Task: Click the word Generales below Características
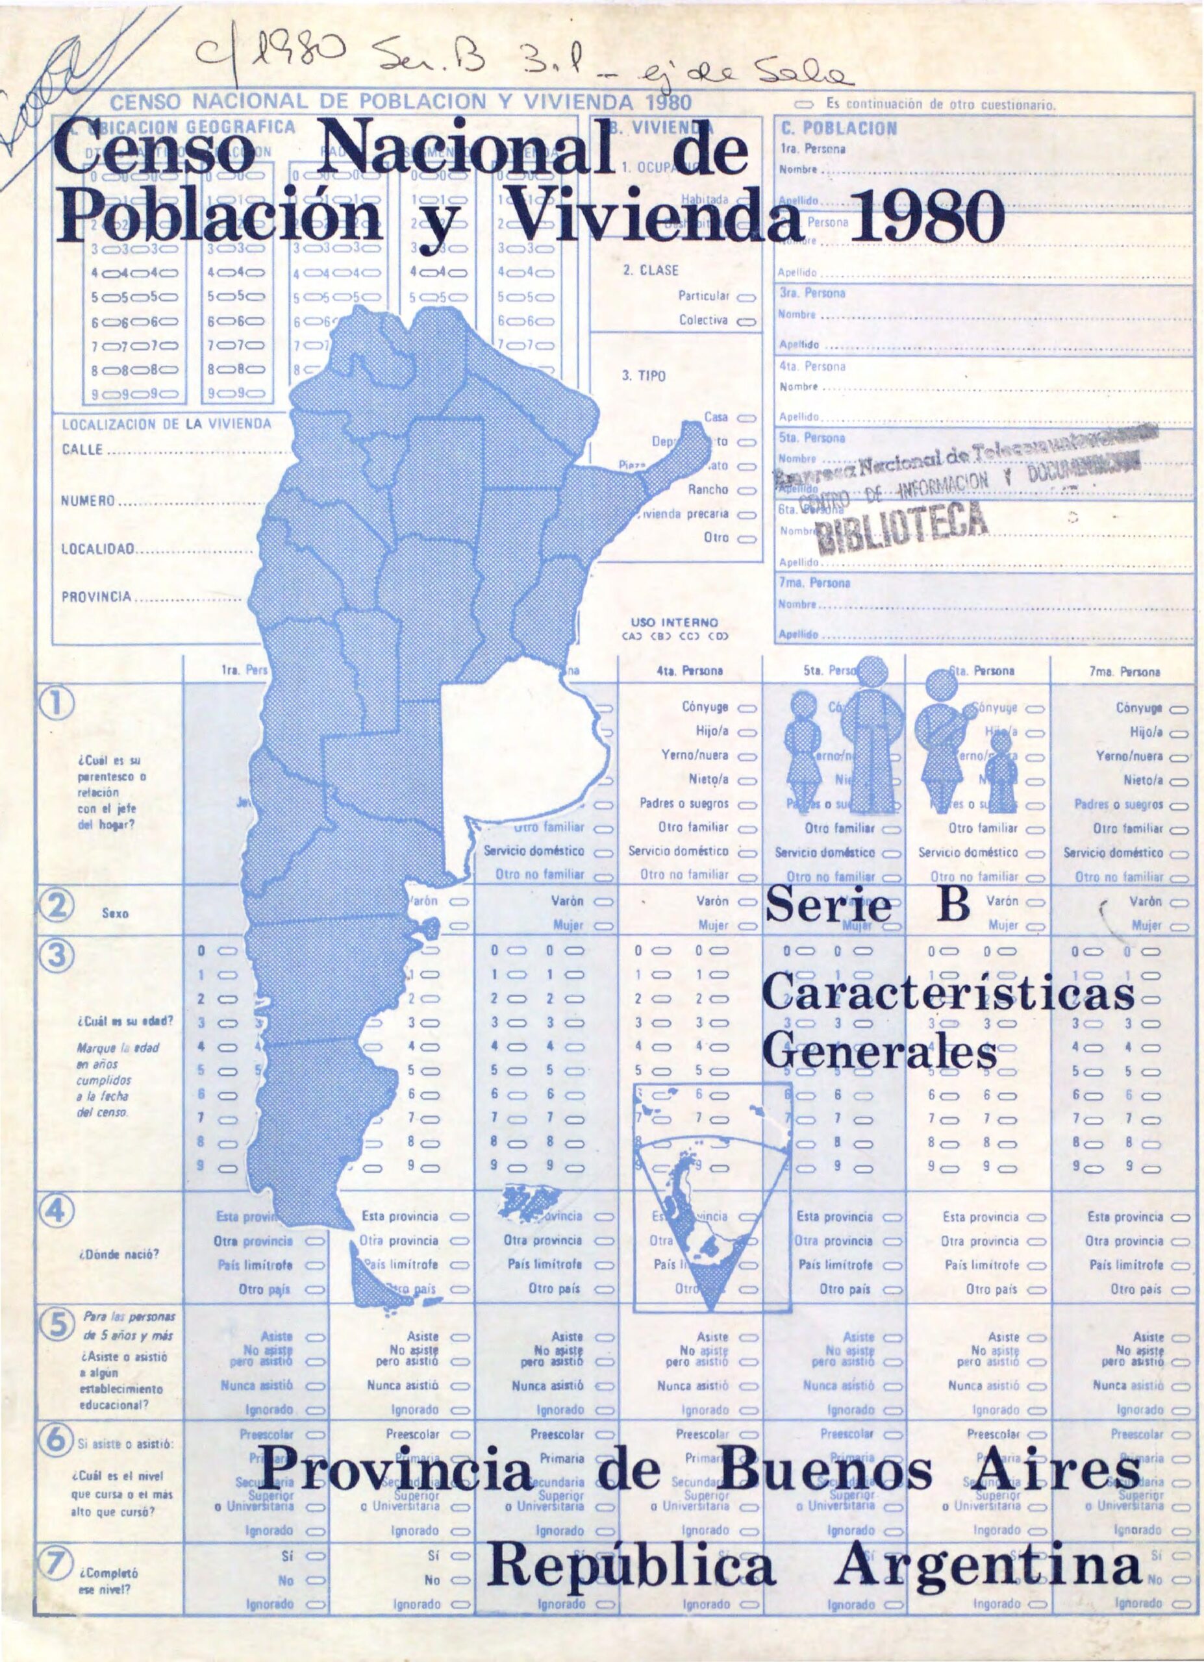click(x=880, y=1052)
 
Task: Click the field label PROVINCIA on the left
click(x=95, y=596)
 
